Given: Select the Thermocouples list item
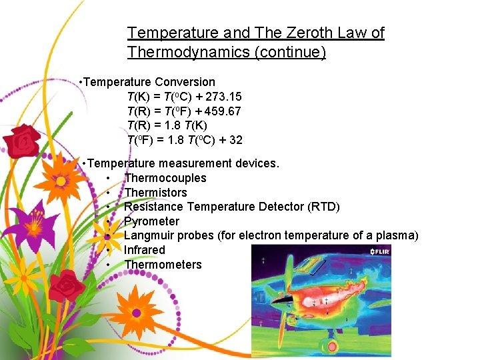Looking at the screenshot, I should [165, 178].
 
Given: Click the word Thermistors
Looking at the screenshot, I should [155, 193].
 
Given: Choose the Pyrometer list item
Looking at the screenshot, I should [152, 221].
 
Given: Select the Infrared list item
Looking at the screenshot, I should [145, 250].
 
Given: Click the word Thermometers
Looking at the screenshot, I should [163, 265].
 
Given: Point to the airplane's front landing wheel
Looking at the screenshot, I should [329, 347].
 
